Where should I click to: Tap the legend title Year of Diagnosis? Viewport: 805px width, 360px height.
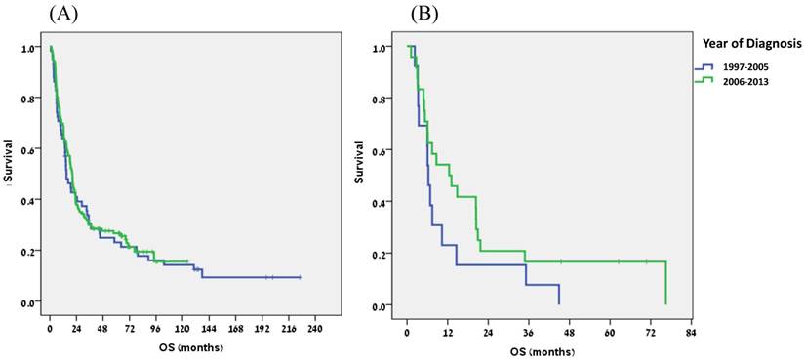[x=749, y=43]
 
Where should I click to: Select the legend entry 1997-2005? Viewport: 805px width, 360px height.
[x=743, y=67]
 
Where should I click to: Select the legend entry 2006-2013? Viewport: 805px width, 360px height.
[x=743, y=82]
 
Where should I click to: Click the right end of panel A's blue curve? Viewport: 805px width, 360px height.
[x=300, y=277]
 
